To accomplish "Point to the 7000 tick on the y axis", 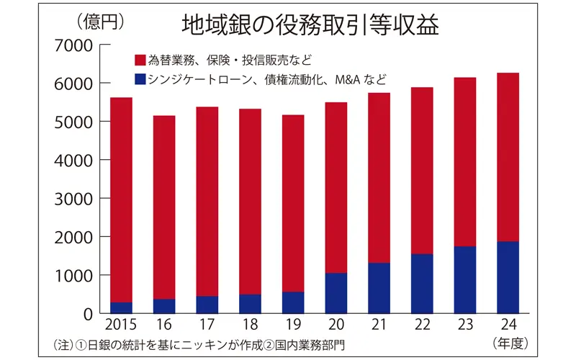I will (x=73, y=45).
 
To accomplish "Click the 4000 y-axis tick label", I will (x=73, y=160).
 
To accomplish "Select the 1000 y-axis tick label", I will (x=73, y=275).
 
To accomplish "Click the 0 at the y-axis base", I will (x=86, y=314).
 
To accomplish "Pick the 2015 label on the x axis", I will (x=120, y=326).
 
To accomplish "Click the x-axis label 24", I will (x=507, y=326).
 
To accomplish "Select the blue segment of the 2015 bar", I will (x=121, y=307).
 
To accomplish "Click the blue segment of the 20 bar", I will (x=336, y=293).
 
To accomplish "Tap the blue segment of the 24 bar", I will (x=507, y=277).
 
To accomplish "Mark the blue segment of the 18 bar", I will (x=250, y=304).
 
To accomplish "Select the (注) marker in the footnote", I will (x=66, y=343).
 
